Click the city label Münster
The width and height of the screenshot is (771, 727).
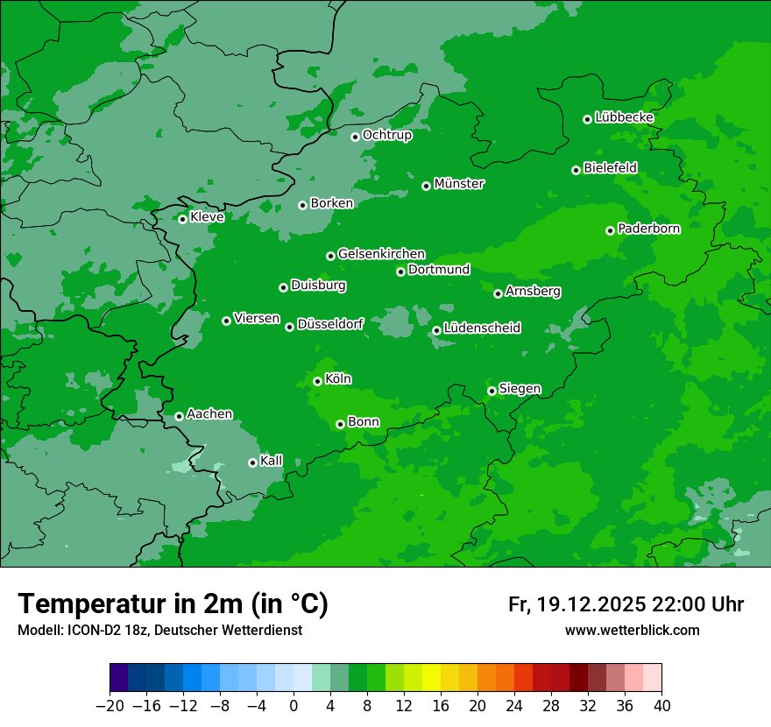point(458,184)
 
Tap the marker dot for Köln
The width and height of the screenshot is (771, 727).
point(317,381)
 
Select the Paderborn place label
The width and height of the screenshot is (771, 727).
point(648,229)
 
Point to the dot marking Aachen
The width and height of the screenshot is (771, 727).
point(179,416)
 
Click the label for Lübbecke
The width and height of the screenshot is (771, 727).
point(624,117)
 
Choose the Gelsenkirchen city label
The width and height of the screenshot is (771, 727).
point(381,254)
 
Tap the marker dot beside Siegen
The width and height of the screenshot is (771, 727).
point(492,391)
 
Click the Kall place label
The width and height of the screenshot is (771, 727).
point(272,461)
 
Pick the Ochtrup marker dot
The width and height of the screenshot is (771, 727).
point(355,136)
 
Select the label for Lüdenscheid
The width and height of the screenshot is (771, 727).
point(482,328)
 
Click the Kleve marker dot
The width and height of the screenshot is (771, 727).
point(182,219)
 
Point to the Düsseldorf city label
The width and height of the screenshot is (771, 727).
point(330,324)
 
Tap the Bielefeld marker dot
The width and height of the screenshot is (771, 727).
point(576,170)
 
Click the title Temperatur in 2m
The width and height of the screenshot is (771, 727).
point(173,603)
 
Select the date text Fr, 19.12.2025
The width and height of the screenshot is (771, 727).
point(576,604)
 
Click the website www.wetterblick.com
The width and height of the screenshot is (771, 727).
point(632,630)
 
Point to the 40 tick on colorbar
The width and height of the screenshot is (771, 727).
point(661,706)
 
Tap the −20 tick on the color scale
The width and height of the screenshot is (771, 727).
point(110,706)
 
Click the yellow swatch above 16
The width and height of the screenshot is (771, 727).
point(431,678)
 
